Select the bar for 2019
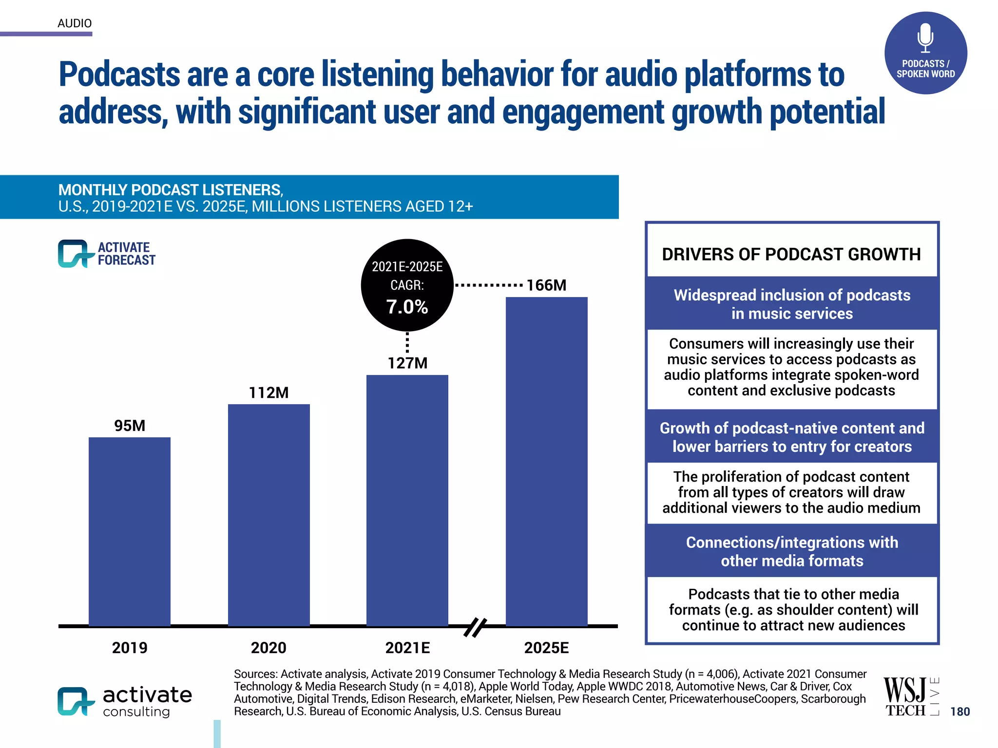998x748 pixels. (x=129, y=531)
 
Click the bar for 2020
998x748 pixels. (x=269, y=515)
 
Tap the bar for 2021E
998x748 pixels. (x=407, y=500)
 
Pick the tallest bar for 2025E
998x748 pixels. (x=546, y=461)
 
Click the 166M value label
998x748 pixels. (x=546, y=285)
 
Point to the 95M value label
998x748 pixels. (x=130, y=426)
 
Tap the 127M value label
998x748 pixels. (x=407, y=363)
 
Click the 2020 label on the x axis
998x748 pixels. (x=269, y=648)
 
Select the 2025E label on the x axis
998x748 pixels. (x=546, y=648)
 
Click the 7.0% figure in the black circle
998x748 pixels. (x=407, y=307)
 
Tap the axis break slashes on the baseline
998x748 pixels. (x=475, y=627)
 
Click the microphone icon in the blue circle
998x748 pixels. (x=925, y=38)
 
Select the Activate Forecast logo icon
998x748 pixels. (x=74, y=254)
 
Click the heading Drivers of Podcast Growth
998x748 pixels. (x=791, y=254)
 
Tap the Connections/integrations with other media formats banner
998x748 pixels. (x=792, y=551)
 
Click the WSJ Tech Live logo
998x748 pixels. (x=910, y=697)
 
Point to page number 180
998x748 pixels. (x=960, y=711)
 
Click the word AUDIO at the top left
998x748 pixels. (x=75, y=23)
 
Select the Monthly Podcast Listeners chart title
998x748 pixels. (x=171, y=190)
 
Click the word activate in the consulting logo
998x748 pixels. (x=147, y=695)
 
